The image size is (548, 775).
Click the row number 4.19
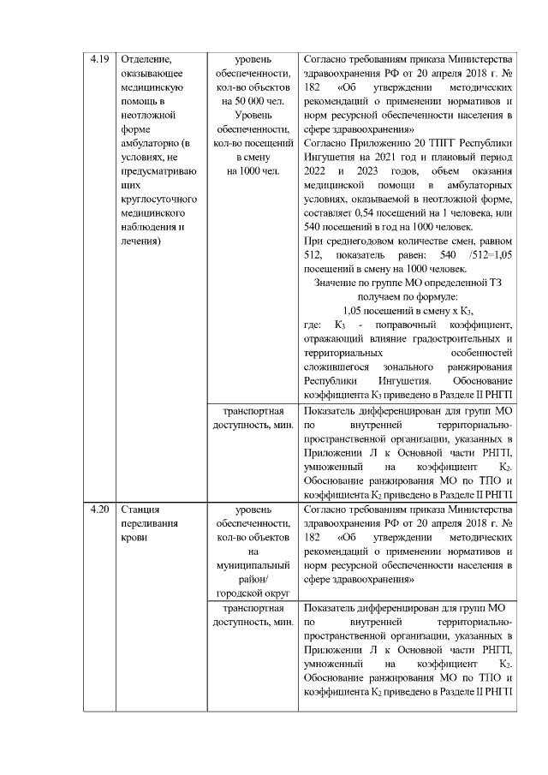tap(99, 60)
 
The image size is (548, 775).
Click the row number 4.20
tap(99, 511)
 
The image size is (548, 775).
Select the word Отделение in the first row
tap(146, 60)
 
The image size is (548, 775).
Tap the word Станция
tap(141, 511)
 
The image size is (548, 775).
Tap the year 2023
tap(354, 171)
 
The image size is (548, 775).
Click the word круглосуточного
tap(160, 199)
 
